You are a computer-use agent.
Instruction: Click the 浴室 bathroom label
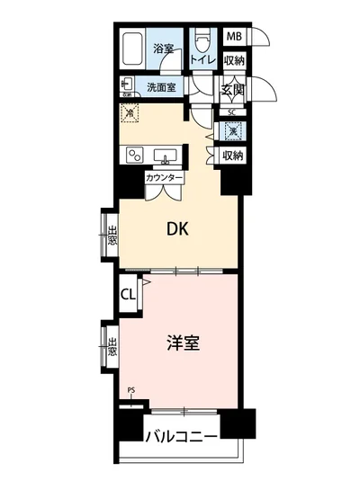tap(163, 48)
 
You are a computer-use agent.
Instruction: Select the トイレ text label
tap(202, 59)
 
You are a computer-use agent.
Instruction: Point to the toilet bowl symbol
tap(202, 40)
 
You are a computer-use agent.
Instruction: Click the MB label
tap(233, 37)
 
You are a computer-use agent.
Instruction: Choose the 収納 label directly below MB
tap(233, 60)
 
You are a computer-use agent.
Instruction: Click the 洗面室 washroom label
tap(161, 86)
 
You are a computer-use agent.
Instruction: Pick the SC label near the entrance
tap(232, 111)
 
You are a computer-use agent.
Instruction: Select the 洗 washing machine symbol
tap(232, 131)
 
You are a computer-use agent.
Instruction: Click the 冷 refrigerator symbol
tap(130, 113)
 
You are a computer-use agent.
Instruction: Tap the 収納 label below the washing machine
tap(233, 156)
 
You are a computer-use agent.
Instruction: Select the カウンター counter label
tap(165, 178)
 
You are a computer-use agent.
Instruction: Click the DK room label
tap(176, 229)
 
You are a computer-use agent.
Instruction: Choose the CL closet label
tap(128, 294)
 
